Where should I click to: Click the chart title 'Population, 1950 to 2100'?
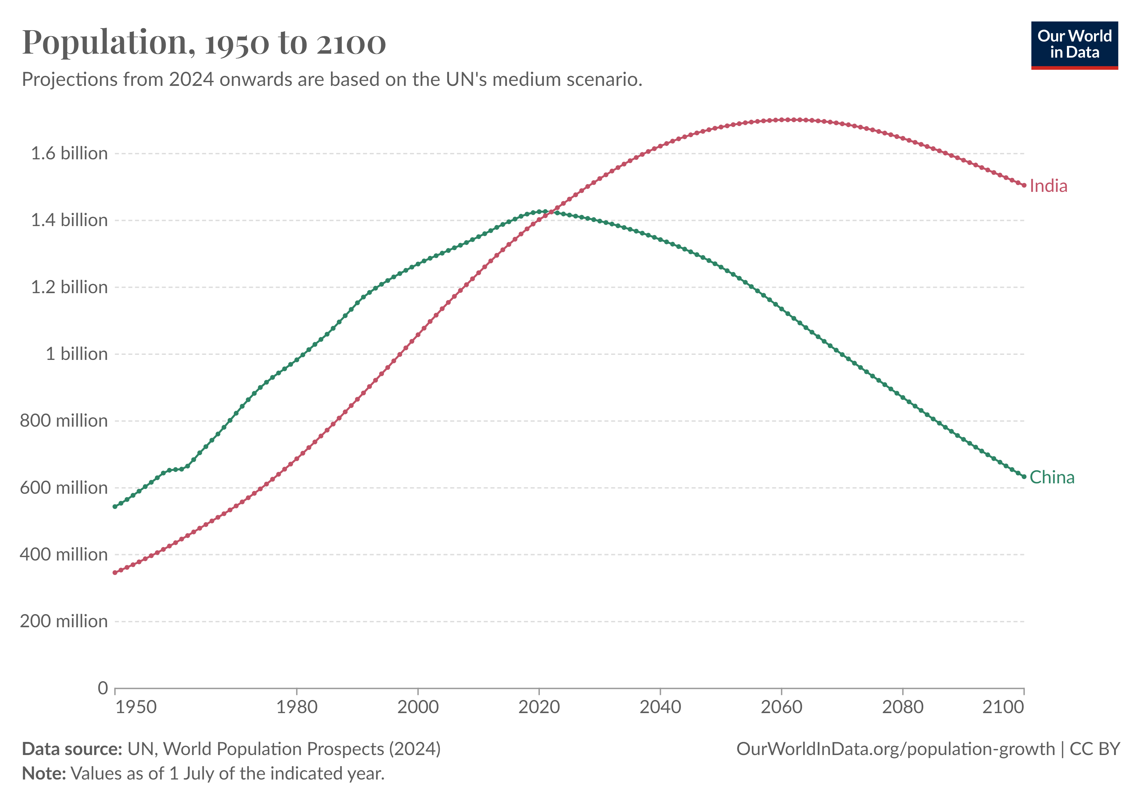point(204,42)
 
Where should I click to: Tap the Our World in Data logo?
point(1075,45)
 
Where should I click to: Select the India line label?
point(1048,186)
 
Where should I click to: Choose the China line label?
point(1051,477)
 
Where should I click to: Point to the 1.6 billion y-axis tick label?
point(69,153)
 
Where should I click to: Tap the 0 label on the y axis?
point(103,688)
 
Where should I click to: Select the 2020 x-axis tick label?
point(539,707)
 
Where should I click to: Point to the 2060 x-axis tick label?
point(782,707)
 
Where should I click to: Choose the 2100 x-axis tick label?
point(1003,707)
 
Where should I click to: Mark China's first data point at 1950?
point(115,506)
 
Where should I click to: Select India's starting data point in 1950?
point(115,573)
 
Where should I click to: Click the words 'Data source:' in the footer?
point(72,749)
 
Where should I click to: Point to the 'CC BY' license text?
point(1095,749)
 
